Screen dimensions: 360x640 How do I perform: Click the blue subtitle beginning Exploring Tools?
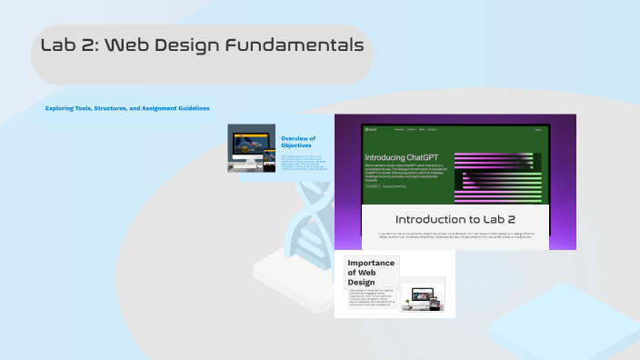tap(127, 108)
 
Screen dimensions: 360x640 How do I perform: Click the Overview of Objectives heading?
tap(297, 141)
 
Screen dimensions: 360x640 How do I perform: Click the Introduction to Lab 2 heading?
tap(455, 219)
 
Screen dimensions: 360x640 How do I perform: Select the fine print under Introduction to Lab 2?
tap(455, 235)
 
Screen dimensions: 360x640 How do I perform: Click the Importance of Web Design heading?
tap(371, 272)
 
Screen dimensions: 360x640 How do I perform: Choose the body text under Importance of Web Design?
tap(371, 300)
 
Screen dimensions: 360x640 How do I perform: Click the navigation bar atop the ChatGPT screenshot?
tap(455, 130)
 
